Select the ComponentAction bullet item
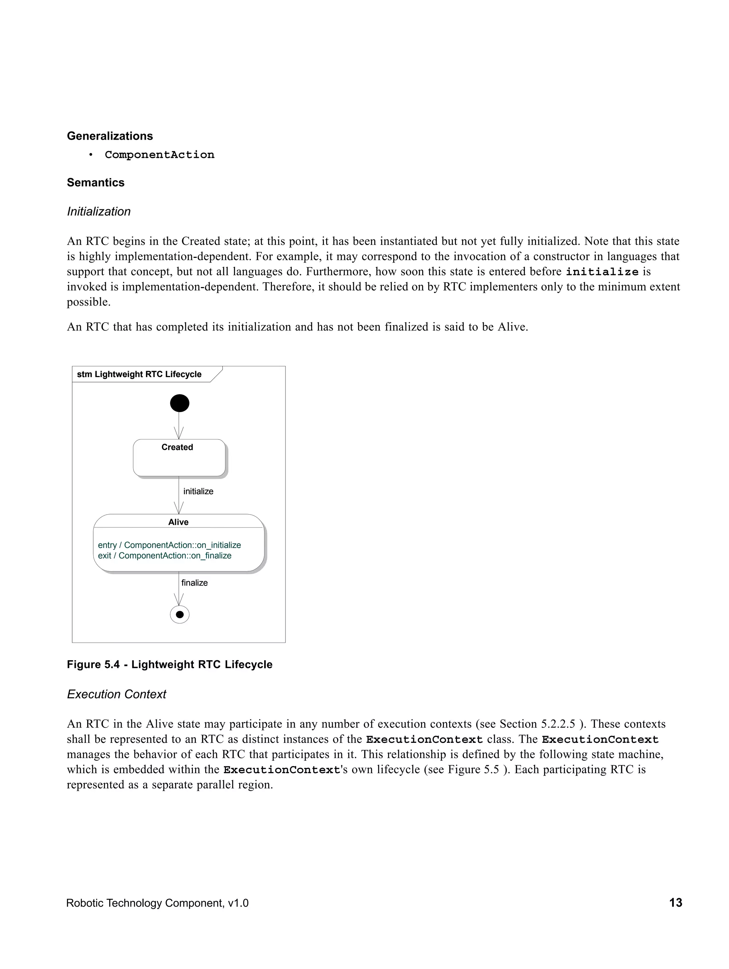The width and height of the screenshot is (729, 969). click(x=159, y=155)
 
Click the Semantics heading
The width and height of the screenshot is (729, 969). click(x=95, y=182)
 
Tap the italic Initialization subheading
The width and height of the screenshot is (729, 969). click(x=99, y=211)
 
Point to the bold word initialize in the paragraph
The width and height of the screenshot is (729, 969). click(x=602, y=272)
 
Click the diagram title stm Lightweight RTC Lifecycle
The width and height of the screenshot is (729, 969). click(x=139, y=374)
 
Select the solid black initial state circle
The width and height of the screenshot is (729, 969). click(x=179, y=403)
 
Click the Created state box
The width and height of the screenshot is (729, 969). click(x=179, y=458)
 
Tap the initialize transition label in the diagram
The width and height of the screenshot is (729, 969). click(x=198, y=491)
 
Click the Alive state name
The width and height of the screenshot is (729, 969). click(x=178, y=522)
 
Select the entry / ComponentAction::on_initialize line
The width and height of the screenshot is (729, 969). click(x=169, y=545)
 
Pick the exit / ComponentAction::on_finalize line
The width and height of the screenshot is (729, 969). click(x=164, y=556)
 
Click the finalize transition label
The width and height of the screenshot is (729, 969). click(x=194, y=583)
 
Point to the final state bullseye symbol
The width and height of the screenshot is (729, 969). click(x=179, y=614)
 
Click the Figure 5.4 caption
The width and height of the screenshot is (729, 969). click(x=169, y=665)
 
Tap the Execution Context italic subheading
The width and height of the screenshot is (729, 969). click(x=116, y=694)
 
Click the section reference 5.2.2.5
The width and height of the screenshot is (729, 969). click(x=558, y=724)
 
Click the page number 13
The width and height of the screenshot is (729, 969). click(x=675, y=902)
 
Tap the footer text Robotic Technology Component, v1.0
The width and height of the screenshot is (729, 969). click(x=157, y=903)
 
